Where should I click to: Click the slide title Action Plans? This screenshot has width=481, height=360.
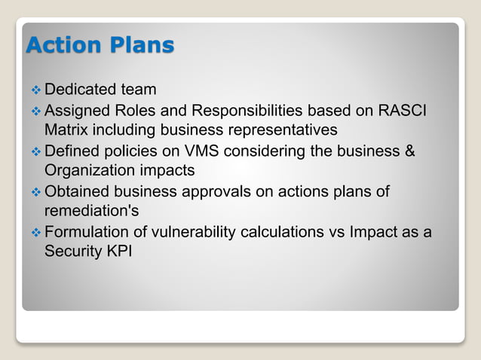pyautogui.click(x=100, y=46)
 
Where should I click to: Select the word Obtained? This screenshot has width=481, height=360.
pyautogui.click(x=78, y=191)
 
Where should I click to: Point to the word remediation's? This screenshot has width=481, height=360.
pyautogui.click(x=94, y=211)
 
